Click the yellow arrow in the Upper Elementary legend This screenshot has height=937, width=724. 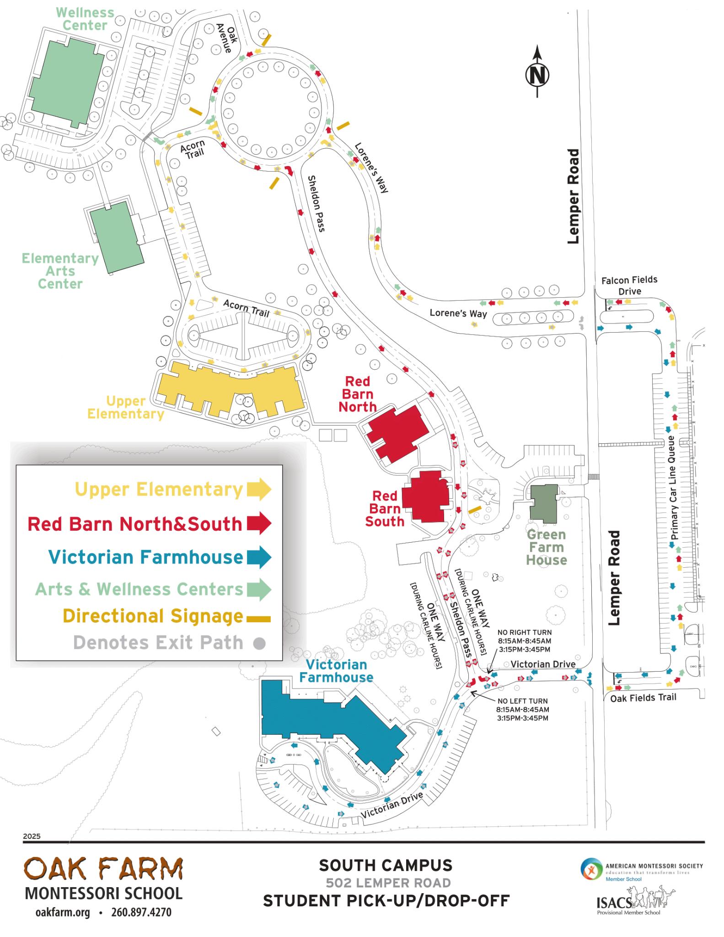click(x=259, y=489)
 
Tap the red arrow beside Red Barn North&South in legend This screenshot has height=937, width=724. click(x=259, y=523)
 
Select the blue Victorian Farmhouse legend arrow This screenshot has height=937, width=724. click(x=259, y=557)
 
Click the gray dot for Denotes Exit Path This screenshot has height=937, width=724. click(x=259, y=643)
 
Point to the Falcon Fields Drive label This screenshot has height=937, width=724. click(x=629, y=285)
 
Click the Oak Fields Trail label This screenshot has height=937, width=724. click(x=643, y=697)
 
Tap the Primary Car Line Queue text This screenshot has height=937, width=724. click(x=672, y=488)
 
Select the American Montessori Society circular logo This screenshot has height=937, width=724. click(x=591, y=869)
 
